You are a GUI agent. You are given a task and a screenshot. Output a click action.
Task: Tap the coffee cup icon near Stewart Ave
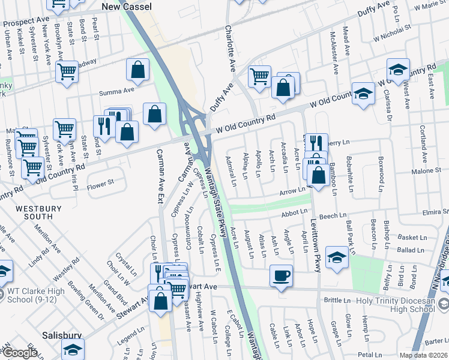coord(281,275)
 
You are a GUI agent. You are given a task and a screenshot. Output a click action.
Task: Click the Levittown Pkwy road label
coord(315,239)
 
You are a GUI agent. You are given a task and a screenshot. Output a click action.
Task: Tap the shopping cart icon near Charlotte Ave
coord(259,76)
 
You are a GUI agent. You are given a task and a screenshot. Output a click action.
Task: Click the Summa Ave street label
coord(116,92)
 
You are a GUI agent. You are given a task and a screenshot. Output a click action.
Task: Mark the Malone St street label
coord(427,171)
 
